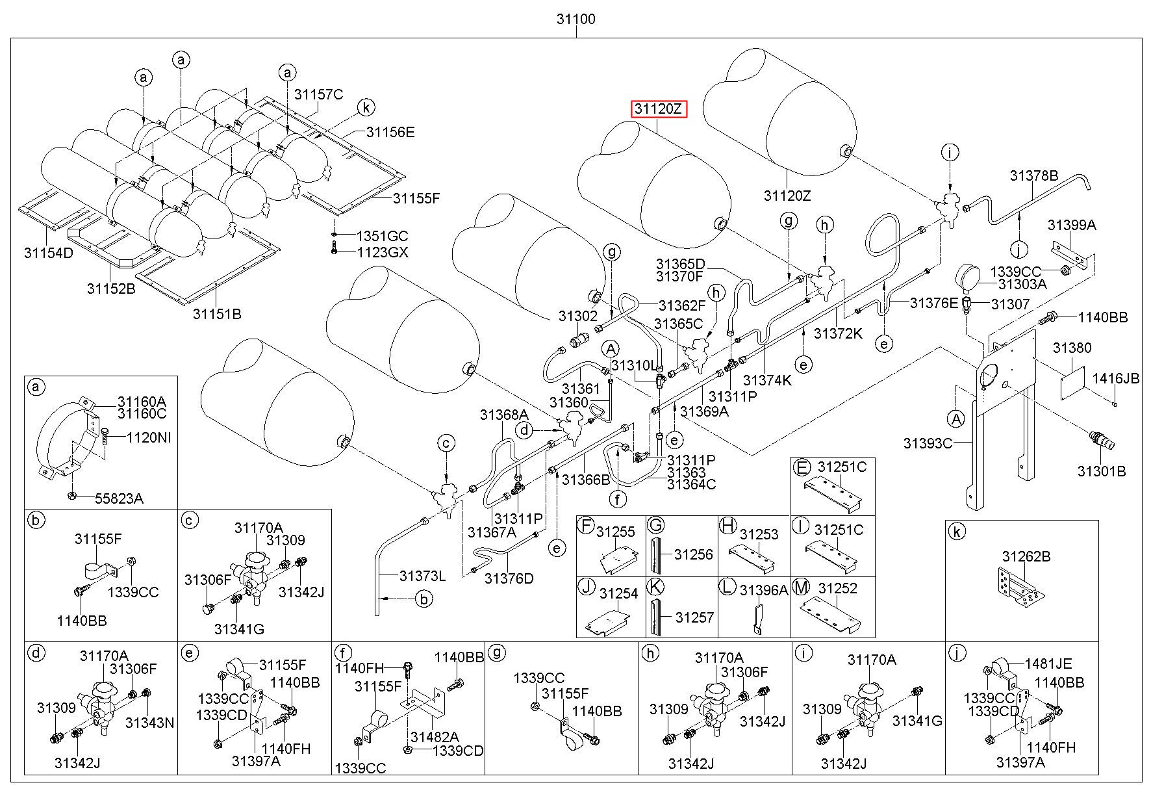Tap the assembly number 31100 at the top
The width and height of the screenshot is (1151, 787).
pyautogui.click(x=575, y=19)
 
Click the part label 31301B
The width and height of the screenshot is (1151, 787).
pyautogui.click(x=1102, y=471)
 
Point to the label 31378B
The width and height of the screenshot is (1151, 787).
pyautogui.click(x=1034, y=175)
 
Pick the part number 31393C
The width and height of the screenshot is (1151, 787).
pyautogui.click(x=928, y=443)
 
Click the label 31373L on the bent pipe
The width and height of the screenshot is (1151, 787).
pyautogui.click(x=422, y=576)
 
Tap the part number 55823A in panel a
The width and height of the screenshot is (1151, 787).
pyautogui.click(x=119, y=498)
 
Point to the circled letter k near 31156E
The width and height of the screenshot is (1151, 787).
pyautogui.click(x=366, y=107)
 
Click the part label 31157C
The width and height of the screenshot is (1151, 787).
pyautogui.click(x=318, y=94)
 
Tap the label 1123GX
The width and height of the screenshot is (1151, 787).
pyautogui.click(x=383, y=252)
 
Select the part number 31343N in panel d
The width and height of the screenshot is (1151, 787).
pyautogui.click(x=149, y=723)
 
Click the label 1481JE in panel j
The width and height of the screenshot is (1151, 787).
pyautogui.click(x=1048, y=664)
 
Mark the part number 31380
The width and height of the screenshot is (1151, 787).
pyautogui.click(x=1072, y=348)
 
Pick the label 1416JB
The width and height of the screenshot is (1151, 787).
pyautogui.click(x=1115, y=378)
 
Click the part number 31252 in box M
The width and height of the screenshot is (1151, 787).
pyautogui.click(x=838, y=589)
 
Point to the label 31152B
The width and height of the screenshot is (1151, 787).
pyautogui.click(x=111, y=288)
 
